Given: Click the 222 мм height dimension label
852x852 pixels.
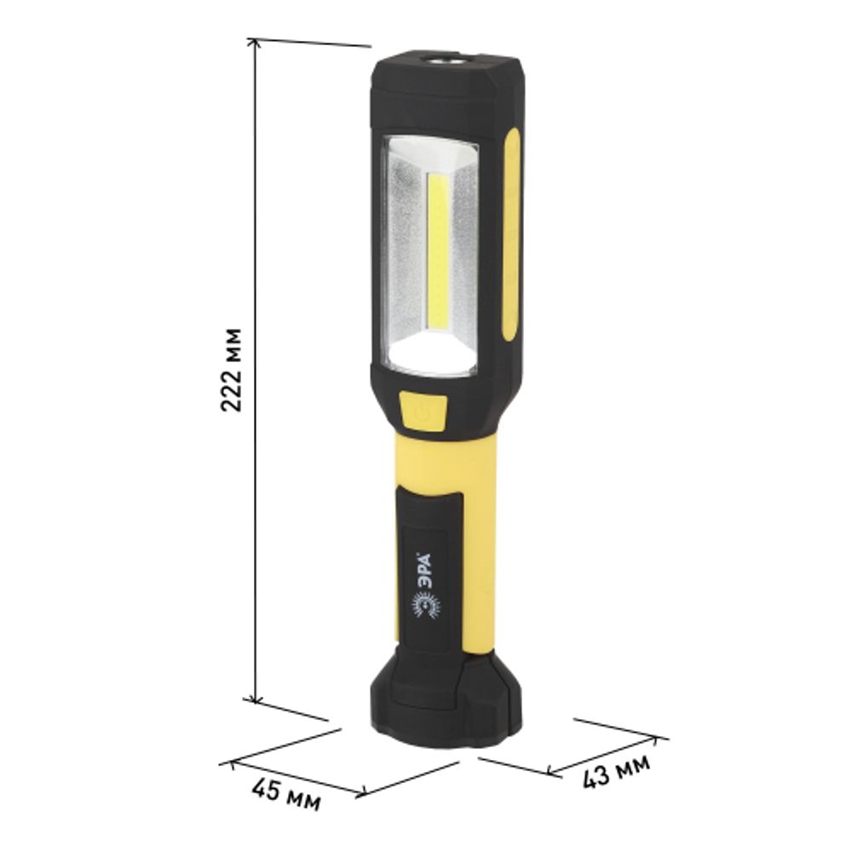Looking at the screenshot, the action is pyautogui.click(x=232, y=370).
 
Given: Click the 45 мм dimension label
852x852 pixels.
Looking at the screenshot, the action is pyautogui.click(x=285, y=794).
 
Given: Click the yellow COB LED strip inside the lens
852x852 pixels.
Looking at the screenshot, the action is pyautogui.click(x=438, y=251).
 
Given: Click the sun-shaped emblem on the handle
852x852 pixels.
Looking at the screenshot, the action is pyautogui.click(x=425, y=606).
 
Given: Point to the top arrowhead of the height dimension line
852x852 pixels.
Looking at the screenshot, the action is pyautogui.click(x=253, y=43).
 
